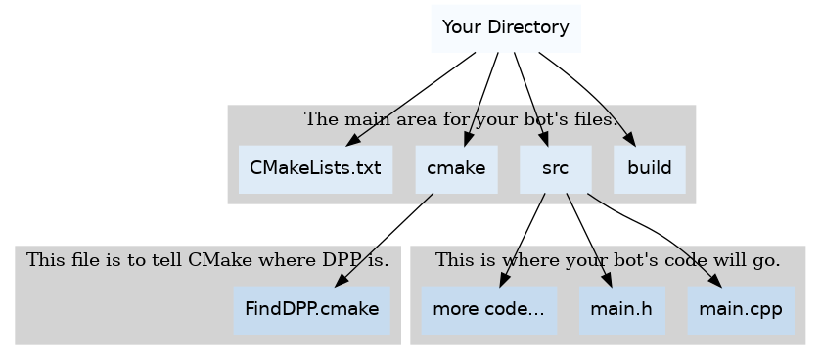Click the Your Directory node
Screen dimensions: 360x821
click(505, 27)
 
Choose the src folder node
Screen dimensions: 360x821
click(555, 168)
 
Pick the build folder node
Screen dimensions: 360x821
click(649, 168)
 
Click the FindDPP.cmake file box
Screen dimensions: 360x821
click(311, 309)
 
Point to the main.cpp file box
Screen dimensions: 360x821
click(740, 309)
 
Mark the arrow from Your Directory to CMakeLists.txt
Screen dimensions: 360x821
click(411, 98)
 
